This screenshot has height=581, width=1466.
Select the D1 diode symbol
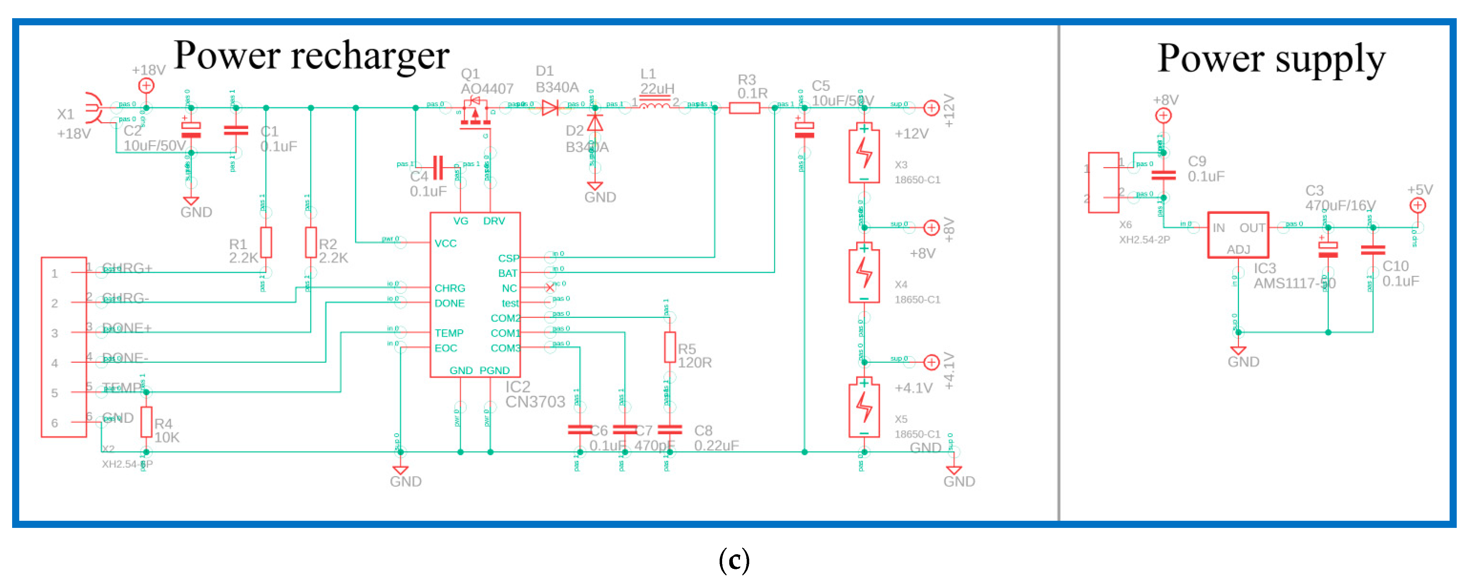550,108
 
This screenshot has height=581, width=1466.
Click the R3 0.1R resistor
744,108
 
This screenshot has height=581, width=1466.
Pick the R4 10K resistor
146,422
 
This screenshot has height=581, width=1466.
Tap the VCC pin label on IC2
446,243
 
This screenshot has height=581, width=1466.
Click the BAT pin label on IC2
508,273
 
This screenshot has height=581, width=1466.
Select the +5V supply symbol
1417,205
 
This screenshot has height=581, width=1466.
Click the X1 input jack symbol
93,108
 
